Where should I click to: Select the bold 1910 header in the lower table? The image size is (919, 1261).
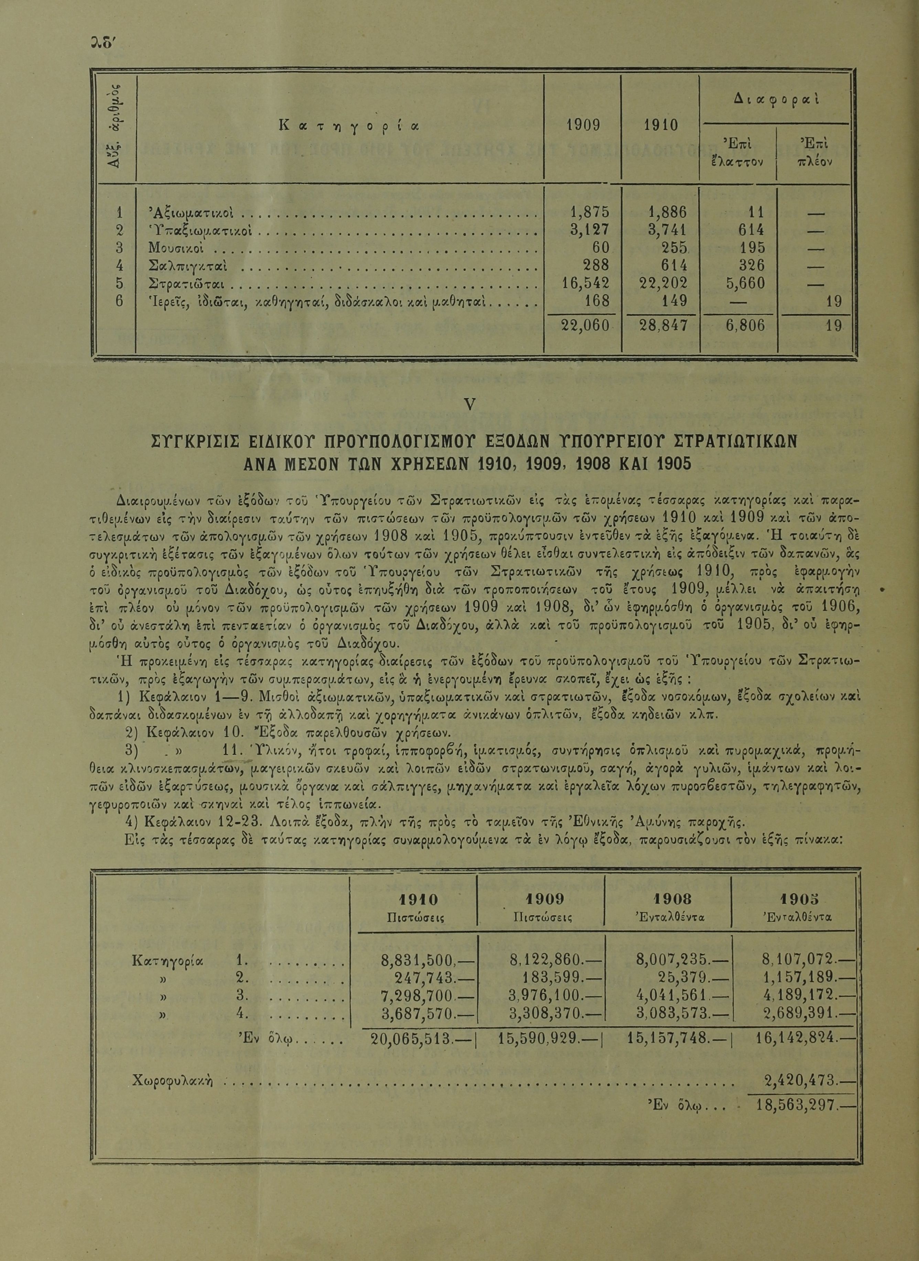(418, 900)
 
